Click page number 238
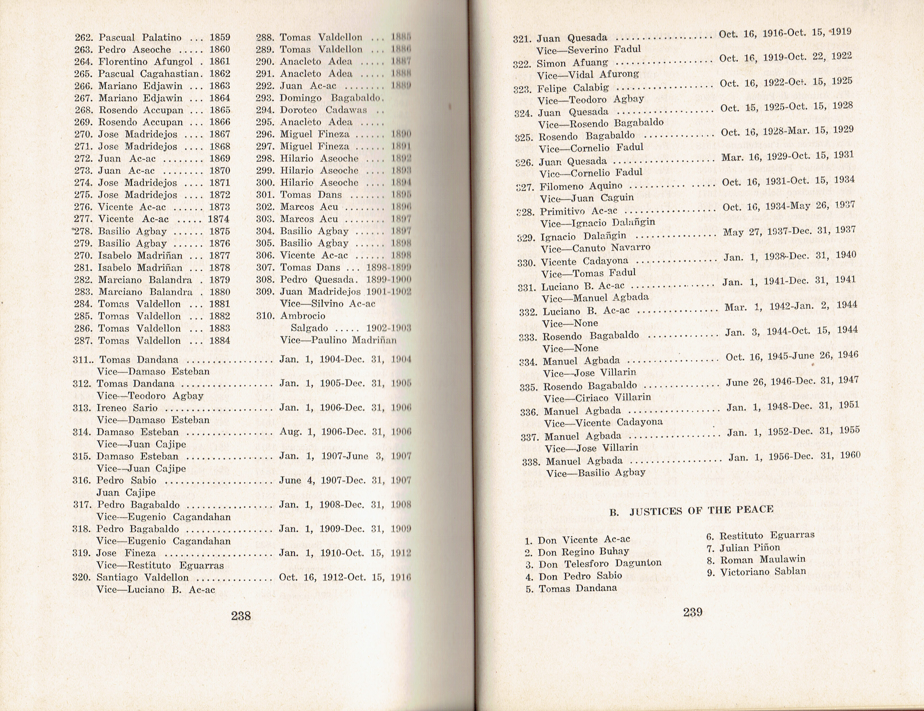[x=241, y=616]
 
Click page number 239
[x=693, y=612]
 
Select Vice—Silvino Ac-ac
[x=327, y=304]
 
